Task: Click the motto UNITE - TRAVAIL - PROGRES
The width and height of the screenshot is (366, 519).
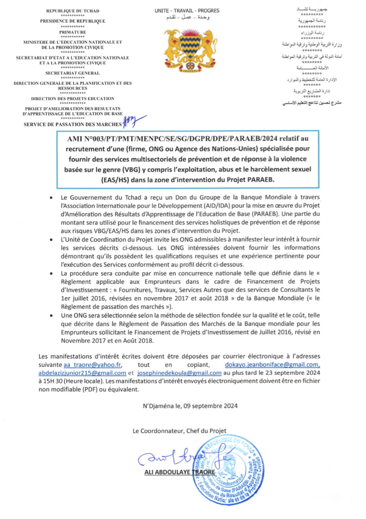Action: pos(187,10)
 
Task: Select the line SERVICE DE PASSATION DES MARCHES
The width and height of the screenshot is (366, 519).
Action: pos(73,125)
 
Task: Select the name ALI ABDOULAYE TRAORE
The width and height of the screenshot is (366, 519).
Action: pos(179,473)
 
